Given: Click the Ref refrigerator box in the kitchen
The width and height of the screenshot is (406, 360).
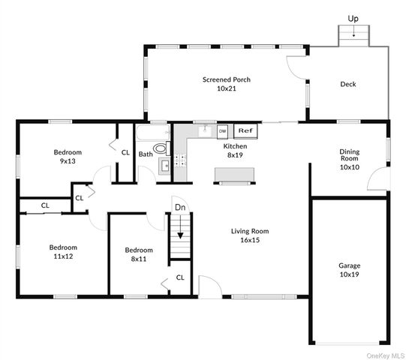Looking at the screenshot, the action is (x=245, y=131).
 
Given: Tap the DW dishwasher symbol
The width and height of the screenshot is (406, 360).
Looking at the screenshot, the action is (x=222, y=131).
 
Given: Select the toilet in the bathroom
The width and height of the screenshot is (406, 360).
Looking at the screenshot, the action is (x=162, y=148).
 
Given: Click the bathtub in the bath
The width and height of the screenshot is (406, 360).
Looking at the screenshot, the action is (x=153, y=133).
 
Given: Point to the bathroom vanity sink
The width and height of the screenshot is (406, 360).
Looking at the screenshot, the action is (x=164, y=166).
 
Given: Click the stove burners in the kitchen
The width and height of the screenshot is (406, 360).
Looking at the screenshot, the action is (x=180, y=160).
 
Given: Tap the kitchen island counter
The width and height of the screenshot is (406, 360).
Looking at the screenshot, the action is (x=235, y=175).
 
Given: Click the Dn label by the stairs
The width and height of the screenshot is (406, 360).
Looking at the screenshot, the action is (x=180, y=207).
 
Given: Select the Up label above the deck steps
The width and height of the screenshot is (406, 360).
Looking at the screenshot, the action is (x=353, y=19).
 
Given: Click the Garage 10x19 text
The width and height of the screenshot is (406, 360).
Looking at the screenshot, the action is (x=350, y=270).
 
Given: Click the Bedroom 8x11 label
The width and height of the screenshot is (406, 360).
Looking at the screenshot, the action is (x=139, y=254).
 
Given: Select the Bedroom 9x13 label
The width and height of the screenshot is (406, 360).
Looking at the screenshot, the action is (x=68, y=157).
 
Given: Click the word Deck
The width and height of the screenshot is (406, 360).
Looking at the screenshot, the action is (x=348, y=84).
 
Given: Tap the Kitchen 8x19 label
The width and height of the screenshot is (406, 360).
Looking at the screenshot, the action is (x=235, y=151).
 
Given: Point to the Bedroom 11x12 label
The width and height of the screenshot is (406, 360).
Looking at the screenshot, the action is (x=63, y=252).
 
